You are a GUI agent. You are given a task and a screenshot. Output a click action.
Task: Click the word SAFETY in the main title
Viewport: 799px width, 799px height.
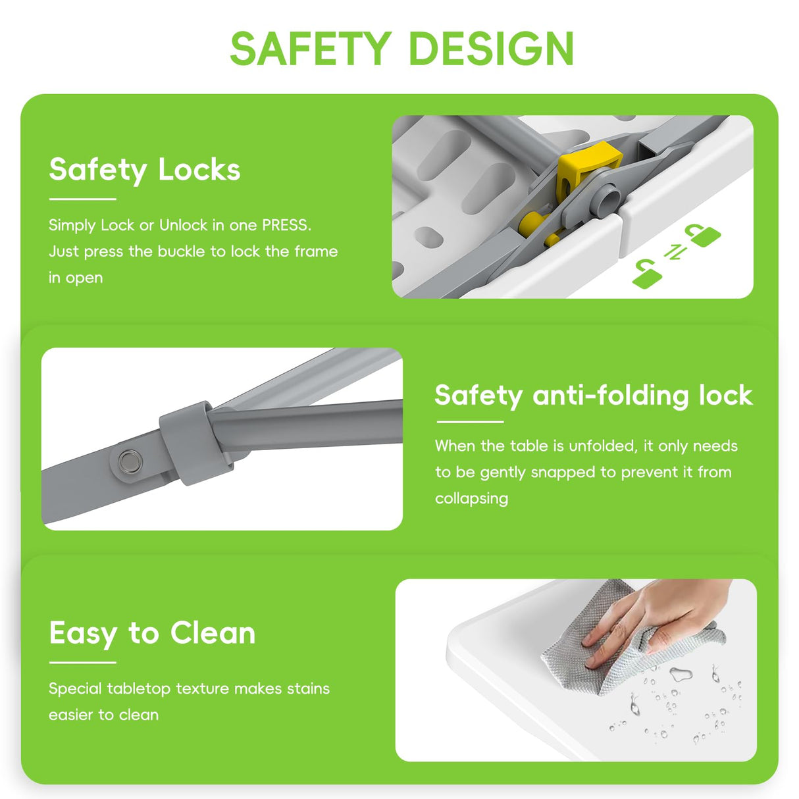311,49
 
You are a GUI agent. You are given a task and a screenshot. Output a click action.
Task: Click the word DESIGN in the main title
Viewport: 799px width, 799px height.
492,49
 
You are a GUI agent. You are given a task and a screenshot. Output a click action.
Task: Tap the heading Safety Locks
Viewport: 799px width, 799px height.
145,170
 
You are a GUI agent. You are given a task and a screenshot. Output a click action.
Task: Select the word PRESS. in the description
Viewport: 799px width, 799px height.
286,225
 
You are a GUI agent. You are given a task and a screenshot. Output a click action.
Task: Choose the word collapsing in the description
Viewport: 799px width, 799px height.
471,499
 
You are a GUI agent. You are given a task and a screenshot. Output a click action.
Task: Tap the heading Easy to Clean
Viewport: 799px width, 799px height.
152,634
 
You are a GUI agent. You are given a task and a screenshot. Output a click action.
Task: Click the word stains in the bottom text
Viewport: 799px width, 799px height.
308,688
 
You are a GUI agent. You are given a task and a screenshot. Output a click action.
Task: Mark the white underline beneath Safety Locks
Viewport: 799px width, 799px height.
82,199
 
